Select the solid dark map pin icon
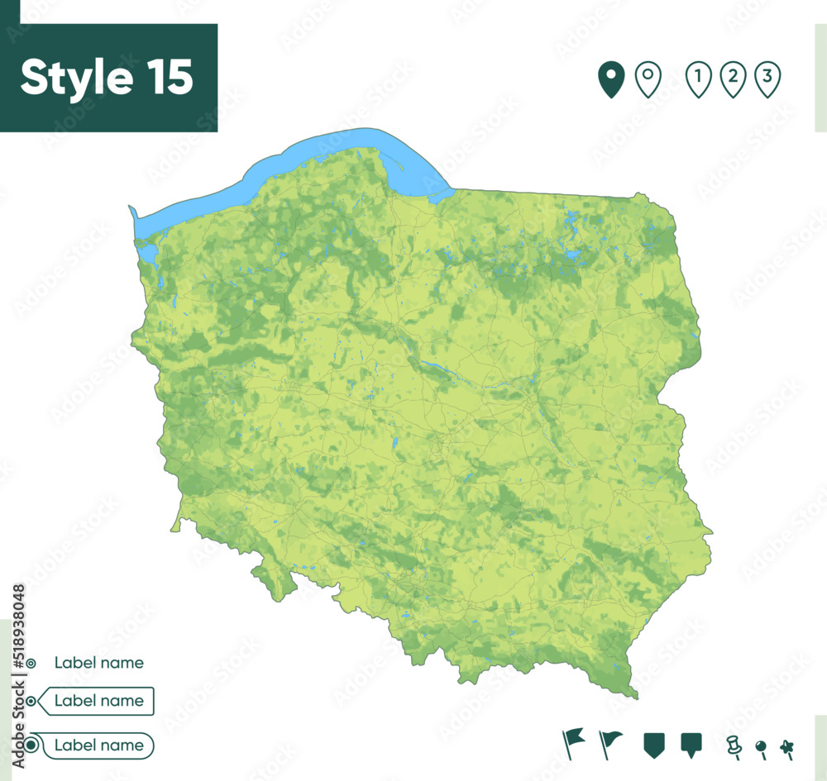tap(611, 80)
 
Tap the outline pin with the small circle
tap(648, 79)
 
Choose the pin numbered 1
tap(699, 79)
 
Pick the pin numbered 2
tap(733, 79)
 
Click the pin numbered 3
tap(767, 79)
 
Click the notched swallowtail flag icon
tap(572, 741)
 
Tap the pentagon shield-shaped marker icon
tap(654, 744)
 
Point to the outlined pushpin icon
tap(733, 746)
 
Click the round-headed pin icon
tap(761, 748)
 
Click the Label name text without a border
tap(98, 663)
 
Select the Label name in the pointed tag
tap(98, 701)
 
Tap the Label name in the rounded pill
tap(98, 745)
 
